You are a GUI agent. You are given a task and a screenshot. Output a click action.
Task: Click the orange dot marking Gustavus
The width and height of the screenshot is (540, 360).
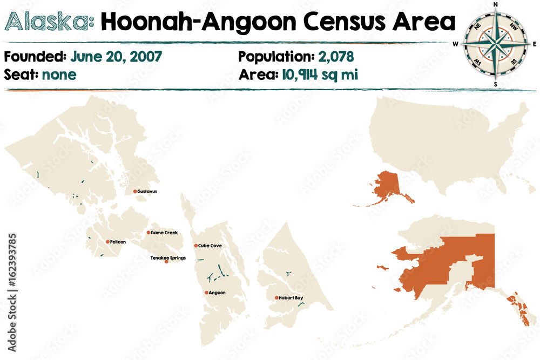135,191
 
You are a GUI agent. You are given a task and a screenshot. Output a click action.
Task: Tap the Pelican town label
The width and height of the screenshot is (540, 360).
118,242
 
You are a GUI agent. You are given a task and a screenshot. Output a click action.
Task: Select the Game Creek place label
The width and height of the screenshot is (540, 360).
164,233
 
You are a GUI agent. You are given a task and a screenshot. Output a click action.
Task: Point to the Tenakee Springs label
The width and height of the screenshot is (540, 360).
168,258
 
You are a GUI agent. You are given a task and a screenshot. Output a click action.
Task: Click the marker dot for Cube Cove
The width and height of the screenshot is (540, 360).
196,246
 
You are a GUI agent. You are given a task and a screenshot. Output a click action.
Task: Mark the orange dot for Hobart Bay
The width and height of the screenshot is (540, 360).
276,297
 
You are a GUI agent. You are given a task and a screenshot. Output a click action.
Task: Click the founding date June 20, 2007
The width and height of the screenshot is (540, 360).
116,57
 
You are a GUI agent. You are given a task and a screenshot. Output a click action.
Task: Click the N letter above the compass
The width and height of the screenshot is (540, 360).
496,5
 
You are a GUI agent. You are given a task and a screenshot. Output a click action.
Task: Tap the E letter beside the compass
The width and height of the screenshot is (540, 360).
535,44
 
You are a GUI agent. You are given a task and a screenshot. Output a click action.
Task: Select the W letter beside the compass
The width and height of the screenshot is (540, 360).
456,44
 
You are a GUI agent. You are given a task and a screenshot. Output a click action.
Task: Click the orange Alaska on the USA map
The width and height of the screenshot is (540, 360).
386,186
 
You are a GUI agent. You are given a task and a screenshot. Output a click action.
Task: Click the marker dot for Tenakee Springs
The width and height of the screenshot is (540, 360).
166,262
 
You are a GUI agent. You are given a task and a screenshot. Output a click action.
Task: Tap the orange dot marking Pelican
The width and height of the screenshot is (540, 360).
107,242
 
